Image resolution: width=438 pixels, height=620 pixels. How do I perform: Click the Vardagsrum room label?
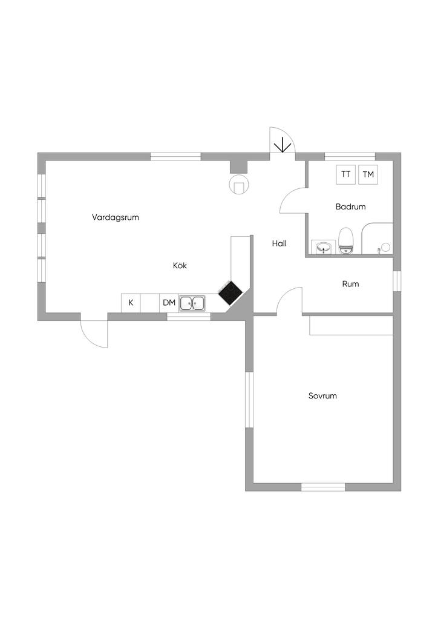(x=116, y=217)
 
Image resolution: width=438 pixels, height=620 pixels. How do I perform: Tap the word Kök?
(x=180, y=265)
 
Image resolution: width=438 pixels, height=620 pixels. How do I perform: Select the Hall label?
(x=279, y=243)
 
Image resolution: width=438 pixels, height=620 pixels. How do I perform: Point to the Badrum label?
(x=350, y=206)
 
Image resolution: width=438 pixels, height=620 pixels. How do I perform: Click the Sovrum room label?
(x=322, y=396)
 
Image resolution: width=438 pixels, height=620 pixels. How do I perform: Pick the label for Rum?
(x=350, y=284)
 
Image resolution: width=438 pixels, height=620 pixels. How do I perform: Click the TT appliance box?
(x=346, y=174)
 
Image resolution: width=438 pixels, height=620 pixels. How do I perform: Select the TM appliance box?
(x=368, y=174)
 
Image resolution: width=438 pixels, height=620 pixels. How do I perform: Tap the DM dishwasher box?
(x=169, y=303)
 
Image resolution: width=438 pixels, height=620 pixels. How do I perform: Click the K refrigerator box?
(x=131, y=303)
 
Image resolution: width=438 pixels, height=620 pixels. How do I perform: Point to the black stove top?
(x=230, y=292)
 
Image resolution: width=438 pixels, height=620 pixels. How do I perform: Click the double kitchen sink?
(x=192, y=303)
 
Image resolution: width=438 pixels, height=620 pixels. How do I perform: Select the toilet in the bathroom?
(x=346, y=240)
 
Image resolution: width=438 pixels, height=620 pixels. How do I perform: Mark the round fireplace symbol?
(x=239, y=185)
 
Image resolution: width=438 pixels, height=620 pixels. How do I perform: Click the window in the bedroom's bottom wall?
(x=323, y=487)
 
